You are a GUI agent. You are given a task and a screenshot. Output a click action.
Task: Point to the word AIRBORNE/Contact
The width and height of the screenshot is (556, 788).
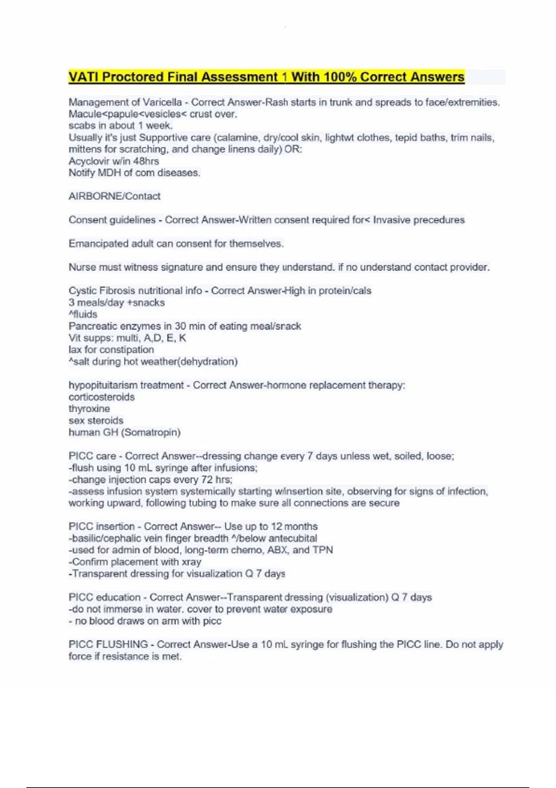pyautogui.click(x=114, y=196)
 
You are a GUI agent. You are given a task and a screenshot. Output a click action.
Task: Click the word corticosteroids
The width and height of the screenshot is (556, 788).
pyautogui.click(x=101, y=397)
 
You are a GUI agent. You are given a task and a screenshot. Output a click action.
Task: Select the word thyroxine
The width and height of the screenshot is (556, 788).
pyautogui.click(x=89, y=409)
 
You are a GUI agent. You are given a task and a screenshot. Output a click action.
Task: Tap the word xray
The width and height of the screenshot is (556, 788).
pyautogui.click(x=191, y=562)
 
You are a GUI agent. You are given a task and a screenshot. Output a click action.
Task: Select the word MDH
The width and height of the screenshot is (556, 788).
pyautogui.click(x=107, y=173)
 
